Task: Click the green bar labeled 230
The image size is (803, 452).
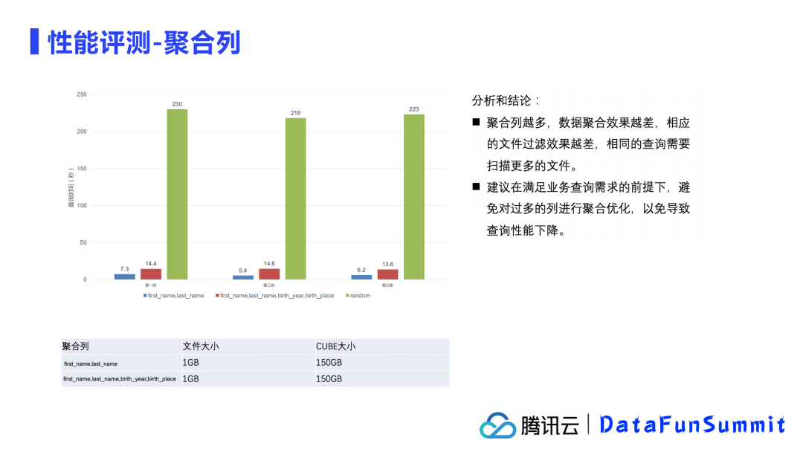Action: (177, 194)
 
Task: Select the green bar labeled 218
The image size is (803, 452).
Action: (295, 198)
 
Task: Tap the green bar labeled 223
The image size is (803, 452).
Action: (414, 196)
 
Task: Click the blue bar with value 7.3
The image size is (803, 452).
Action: (124, 277)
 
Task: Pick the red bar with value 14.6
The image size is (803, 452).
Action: (269, 274)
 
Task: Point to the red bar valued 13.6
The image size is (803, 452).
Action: (387, 274)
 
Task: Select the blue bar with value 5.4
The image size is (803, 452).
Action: (243, 277)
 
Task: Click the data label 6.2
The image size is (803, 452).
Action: (361, 269)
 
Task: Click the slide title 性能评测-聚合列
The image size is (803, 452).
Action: (144, 42)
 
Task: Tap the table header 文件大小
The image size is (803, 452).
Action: (200, 346)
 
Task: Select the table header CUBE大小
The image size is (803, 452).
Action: (335, 346)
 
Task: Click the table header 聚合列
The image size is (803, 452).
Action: (75, 346)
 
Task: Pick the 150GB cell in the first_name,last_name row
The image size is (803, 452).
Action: (329, 363)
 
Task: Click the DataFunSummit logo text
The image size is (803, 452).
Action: (691, 424)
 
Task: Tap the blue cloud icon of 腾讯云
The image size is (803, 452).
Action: (497, 426)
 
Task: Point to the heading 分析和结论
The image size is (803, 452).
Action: (506, 100)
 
